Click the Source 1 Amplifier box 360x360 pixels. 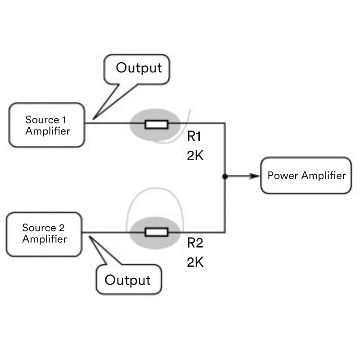point(47,125)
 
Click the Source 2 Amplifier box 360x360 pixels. point(44,234)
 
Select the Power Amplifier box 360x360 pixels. point(306,175)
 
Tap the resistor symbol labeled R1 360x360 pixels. point(156,124)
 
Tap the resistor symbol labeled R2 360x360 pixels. point(156,232)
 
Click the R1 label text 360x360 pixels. point(195,137)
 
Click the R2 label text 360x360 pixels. point(195,243)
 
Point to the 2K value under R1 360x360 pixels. point(195,155)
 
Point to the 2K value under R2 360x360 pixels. point(195,262)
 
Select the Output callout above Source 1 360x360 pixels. point(139,68)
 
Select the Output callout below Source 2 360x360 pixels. point(127,280)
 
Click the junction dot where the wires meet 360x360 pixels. point(225,176)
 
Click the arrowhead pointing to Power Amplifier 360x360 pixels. point(256,176)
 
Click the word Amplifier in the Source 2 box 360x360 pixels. point(44,239)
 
